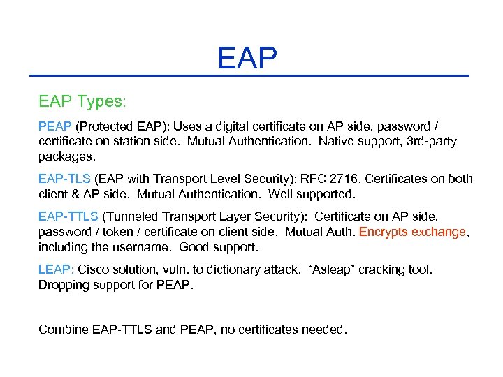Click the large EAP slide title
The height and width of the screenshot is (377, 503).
[247, 58]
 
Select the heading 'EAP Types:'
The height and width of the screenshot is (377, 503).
[82, 102]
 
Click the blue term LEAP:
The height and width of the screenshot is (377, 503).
[56, 269]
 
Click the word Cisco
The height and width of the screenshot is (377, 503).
[94, 269]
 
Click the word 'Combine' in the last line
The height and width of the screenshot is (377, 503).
[63, 329]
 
